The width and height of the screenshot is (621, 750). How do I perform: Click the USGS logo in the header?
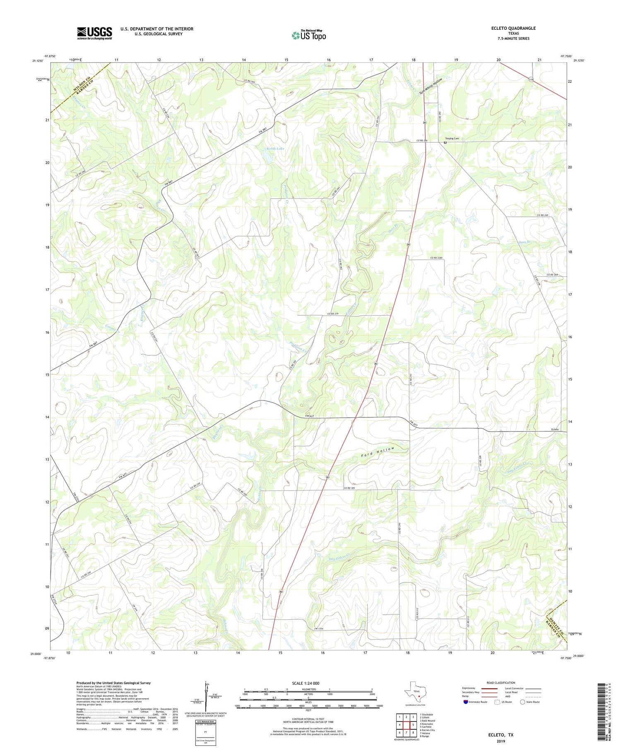click(x=94, y=33)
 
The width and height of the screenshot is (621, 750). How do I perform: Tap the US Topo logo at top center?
click(x=308, y=36)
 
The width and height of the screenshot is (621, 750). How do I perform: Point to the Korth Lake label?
click(x=274, y=148)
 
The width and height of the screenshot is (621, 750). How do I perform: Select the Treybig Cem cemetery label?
click(x=452, y=139)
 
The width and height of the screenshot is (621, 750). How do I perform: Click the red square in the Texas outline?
click(x=419, y=696)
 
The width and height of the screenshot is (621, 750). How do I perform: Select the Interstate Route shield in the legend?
click(x=466, y=702)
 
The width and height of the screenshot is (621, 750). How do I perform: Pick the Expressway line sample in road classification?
click(x=491, y=689)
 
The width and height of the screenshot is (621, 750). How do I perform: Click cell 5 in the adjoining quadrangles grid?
click(x=413, y=725)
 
